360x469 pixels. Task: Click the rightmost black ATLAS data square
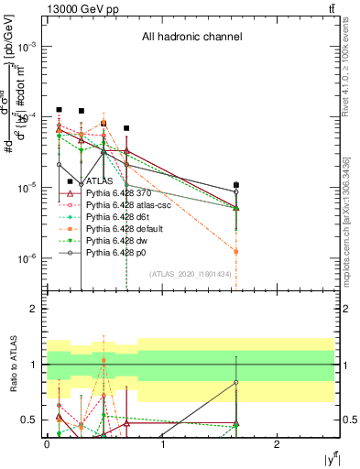click(236, 185)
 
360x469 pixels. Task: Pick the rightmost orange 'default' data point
click(236, 251)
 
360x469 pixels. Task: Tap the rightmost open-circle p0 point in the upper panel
click(236, 192)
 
